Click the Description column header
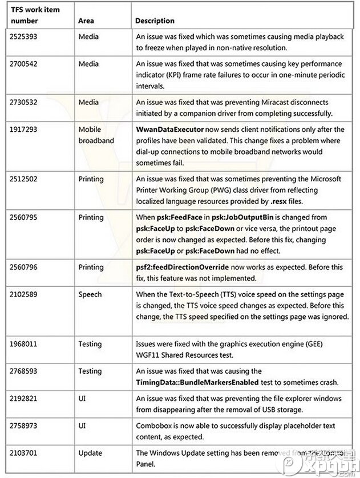click(x=155, y=21)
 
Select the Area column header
click(x=86, y=21)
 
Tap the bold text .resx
click(x=289, y=200)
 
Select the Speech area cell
click(x=89, y=294)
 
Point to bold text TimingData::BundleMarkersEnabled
click(x=197, y=382)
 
